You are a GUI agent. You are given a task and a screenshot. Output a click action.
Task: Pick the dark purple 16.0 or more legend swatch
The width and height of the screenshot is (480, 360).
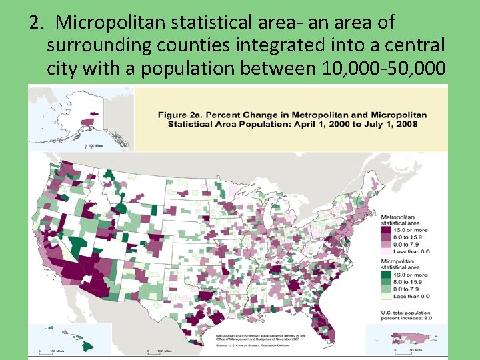387,231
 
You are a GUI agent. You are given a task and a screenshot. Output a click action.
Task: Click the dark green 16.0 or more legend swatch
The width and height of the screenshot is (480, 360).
387,275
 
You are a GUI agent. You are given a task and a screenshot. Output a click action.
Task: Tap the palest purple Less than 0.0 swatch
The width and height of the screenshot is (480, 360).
387,251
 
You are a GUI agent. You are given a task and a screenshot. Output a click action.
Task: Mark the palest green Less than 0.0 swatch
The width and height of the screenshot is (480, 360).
387,295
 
